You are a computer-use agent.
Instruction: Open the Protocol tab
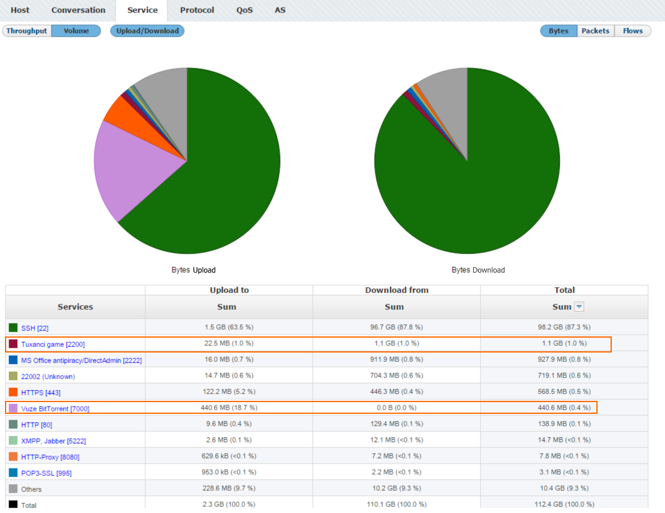coord(197,10)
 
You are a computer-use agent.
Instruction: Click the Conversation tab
coord(79,10)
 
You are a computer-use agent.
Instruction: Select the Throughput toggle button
coord(27,31)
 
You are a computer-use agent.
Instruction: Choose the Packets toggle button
coord(595,31)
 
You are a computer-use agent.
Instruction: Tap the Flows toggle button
coord(632,31)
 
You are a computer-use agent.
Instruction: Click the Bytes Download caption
coord(478,270)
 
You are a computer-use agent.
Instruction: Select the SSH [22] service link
coord(35,328)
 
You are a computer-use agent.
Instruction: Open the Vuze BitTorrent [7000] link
coord(55,409)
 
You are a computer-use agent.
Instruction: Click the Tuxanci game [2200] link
coord(53,344)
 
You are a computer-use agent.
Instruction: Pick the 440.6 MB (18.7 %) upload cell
coord(229,408)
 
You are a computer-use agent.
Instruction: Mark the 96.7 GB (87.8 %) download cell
coord(396,327)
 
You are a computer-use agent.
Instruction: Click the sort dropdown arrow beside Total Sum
coord(579,307)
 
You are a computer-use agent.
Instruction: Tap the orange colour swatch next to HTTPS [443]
coord(13,392)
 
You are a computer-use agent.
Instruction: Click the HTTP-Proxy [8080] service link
coord(50,457)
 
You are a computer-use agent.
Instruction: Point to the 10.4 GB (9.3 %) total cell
coord(564,489)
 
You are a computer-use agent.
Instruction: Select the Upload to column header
coord(229,290)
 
